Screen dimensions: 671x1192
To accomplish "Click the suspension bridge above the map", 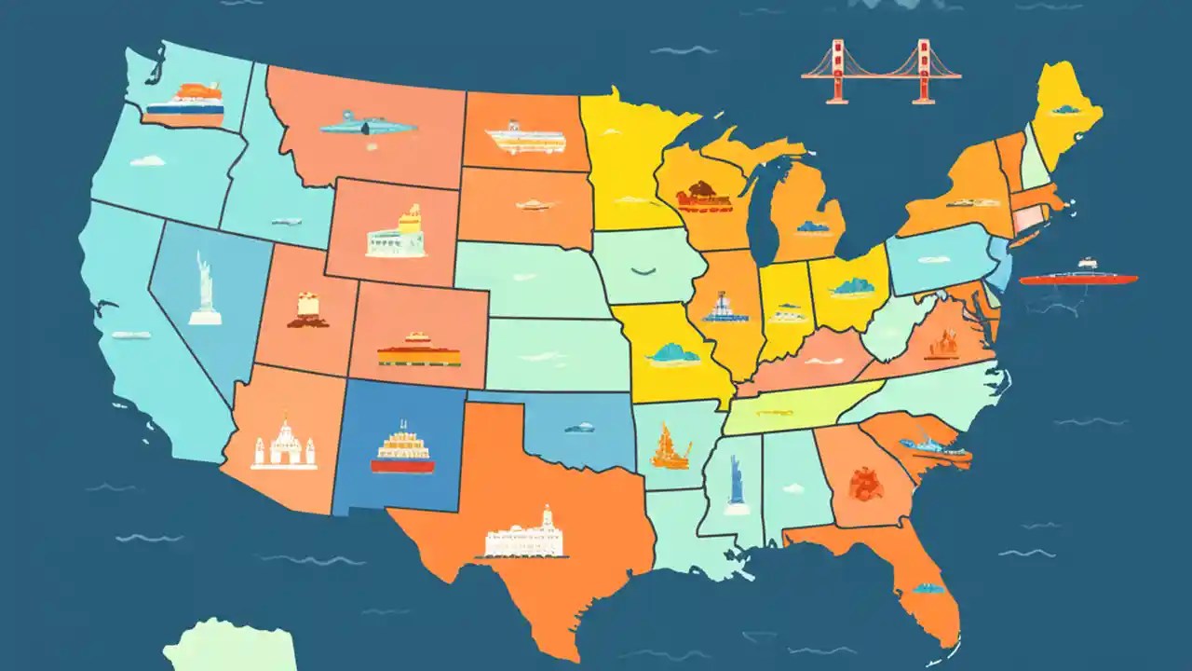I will click(880, 72).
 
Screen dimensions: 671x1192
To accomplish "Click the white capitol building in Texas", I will click(525, 536).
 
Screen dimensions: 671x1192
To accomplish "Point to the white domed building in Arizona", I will click(283, 445).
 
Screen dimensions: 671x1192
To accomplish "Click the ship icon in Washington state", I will click(185, 104).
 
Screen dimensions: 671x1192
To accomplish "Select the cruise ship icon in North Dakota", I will click(526, 138).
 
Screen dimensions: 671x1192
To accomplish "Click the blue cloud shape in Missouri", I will click(672, 353).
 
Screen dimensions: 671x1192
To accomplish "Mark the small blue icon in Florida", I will click(928, 588).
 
